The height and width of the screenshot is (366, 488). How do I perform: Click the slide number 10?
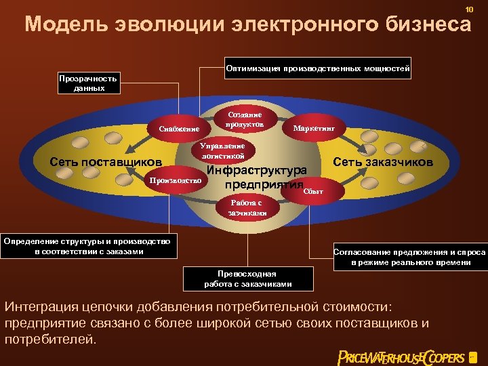(x=468, y=8)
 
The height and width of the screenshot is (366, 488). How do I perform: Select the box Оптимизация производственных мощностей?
(x=318, y=69)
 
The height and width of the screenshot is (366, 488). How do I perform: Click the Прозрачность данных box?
(x=87, y=83)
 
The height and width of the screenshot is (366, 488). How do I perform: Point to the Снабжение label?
(x=179, y=129)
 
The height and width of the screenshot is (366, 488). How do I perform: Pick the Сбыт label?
(x=313, y=192)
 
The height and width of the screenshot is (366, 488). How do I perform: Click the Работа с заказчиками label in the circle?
(x=245, y=207)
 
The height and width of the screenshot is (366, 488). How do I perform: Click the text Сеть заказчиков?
(x=384, y=162)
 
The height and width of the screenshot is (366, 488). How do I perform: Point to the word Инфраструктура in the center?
(x=257, y=169)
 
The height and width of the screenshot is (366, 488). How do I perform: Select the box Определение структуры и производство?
(x=89, y=246)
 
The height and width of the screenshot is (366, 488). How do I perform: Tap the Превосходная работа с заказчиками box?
(x=248, y=279)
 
